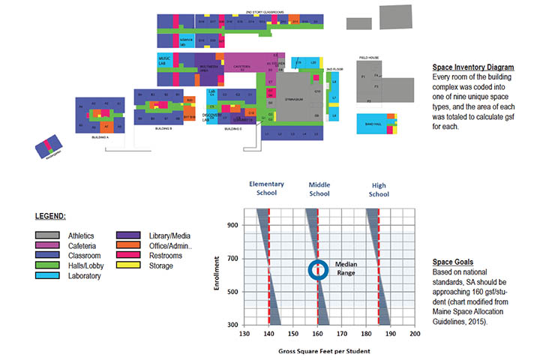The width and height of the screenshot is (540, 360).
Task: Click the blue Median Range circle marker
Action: [317, 271]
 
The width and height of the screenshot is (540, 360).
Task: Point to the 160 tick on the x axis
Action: [317, 335]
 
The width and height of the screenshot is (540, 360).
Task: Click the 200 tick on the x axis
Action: [414, 335]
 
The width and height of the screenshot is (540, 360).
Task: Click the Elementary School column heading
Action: [268, 188]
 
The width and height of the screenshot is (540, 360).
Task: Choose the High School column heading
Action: [379, 188]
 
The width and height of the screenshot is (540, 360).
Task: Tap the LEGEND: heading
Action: [50, 216]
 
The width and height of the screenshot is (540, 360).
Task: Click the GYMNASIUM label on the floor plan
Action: [293, 97]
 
